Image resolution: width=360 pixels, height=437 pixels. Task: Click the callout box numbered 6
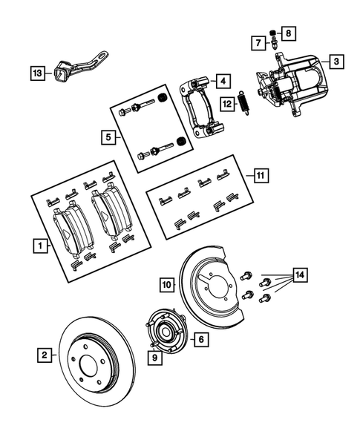(199, 339)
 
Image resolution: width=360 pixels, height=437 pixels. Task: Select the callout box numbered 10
(168, 283)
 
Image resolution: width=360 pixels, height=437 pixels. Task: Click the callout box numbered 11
(259, 176)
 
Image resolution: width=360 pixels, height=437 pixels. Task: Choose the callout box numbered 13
(36, 73)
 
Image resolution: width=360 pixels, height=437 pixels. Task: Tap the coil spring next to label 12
(243, 105)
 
